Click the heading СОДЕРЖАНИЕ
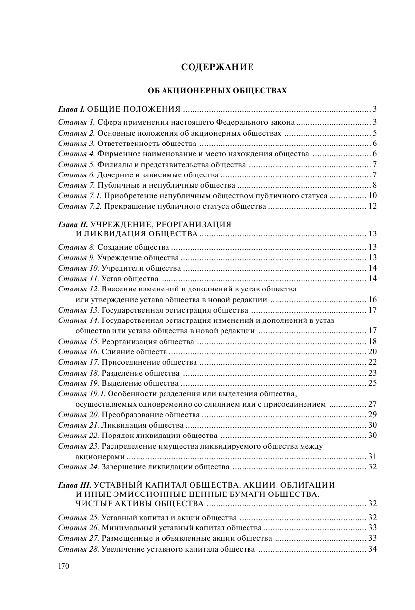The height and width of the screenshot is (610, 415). [x=217, y=67]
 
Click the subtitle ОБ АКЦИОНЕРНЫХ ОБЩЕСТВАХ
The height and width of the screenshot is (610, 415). [x=217, y=91]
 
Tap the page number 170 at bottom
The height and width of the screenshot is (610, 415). [x=64, y=566]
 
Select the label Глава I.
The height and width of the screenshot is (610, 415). [x=72, y=109]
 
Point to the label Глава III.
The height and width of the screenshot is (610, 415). [x=75, y=485]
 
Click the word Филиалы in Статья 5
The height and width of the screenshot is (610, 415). [x=111, y=165]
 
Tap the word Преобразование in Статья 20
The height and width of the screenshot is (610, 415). [x=130, y=415]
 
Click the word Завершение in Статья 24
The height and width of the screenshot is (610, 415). [x=123, y=467]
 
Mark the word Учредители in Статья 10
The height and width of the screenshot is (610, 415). [x=122, y=268]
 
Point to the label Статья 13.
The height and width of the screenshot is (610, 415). [x=79, y=310]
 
